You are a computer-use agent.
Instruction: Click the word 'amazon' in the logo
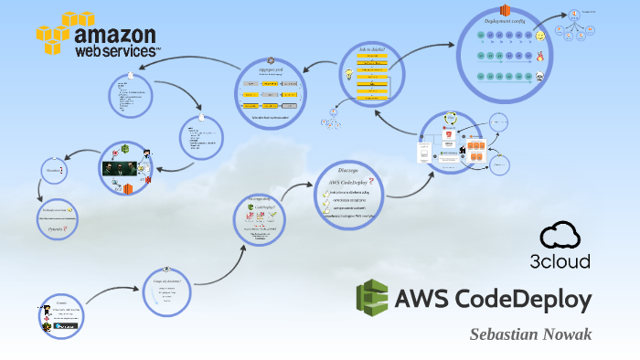[116, 36]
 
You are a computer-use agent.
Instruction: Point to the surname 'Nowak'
[568, 334]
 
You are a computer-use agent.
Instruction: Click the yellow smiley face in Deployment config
[540, 36]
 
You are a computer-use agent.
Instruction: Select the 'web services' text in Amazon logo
[116, 52]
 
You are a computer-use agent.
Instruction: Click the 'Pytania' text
[56, 229]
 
